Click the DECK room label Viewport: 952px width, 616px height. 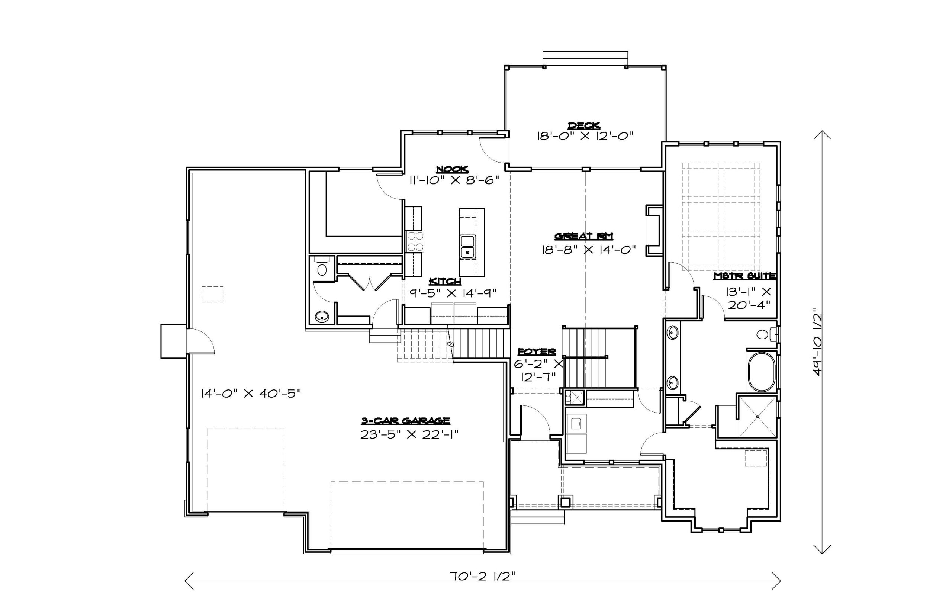point(584,126)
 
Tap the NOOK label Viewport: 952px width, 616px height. point(452,170)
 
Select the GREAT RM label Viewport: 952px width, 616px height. point(584,237)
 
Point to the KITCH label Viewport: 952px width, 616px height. point(445,282)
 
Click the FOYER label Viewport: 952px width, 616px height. point(537,352)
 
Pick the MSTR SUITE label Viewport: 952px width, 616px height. point(744,276)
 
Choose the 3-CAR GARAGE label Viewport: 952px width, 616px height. point(405,420)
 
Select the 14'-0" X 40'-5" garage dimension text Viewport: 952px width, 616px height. point(251,394)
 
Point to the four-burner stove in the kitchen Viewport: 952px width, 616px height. point(415,241)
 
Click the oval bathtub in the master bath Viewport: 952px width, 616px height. point(761,372)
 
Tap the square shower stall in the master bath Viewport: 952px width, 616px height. point(757,416)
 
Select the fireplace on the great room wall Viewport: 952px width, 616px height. point(653,230)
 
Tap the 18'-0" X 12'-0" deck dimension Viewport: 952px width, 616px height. point(585,136)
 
